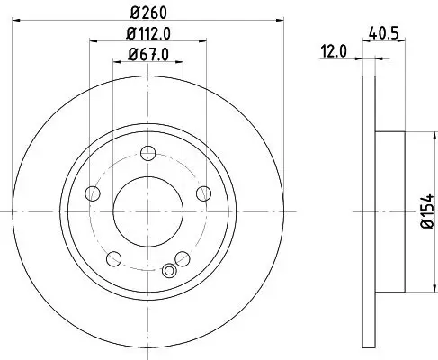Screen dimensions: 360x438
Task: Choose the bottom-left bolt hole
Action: coord(112,259)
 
